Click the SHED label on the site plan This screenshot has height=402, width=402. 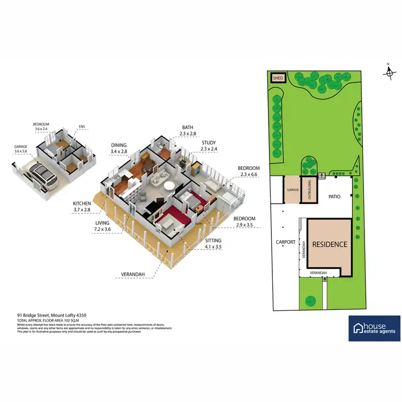point(278,78)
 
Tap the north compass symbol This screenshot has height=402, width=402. point(390,72)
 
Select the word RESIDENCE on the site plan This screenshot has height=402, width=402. point(330,244)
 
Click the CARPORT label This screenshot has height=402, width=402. point(285,242)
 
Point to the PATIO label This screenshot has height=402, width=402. point(335,197)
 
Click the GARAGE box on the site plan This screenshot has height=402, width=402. point(292,190)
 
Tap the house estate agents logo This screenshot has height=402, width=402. point(374,328)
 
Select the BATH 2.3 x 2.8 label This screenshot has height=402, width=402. point(188,130)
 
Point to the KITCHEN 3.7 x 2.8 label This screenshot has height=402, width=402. point(83,207)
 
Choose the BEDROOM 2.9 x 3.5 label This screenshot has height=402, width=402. point(244,222)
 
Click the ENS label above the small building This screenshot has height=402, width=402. point(82,127)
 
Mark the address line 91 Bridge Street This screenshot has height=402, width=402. point(51,315)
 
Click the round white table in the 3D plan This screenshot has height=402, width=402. point(169,187)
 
